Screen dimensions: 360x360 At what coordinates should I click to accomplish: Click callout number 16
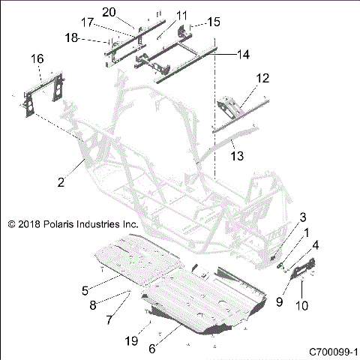(x=36, y=58)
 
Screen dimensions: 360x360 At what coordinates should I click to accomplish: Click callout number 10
(x=303, y=304)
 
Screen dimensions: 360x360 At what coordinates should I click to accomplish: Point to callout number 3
(x=303, y=217)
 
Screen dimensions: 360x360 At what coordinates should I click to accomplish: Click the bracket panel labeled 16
(x=41, y=94)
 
